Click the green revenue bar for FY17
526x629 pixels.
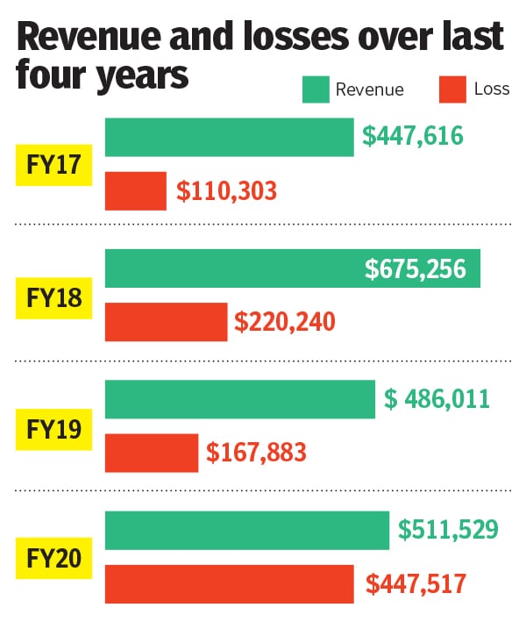point(229,137)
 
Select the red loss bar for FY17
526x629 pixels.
point(136,190)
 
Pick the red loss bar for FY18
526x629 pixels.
point(166,322)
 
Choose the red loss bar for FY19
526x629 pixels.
point(152,453)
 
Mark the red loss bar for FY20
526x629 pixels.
point(229,584)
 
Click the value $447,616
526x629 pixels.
point(413,137)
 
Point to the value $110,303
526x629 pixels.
point(227,190)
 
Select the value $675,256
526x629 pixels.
point(416,268)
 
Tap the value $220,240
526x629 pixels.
point(285,322)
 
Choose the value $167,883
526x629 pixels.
point(257,453)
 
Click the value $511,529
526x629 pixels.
point(449,530)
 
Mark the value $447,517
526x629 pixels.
point(416,584)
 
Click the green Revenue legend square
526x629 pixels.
point(315,89)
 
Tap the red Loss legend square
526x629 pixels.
point(451,89)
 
